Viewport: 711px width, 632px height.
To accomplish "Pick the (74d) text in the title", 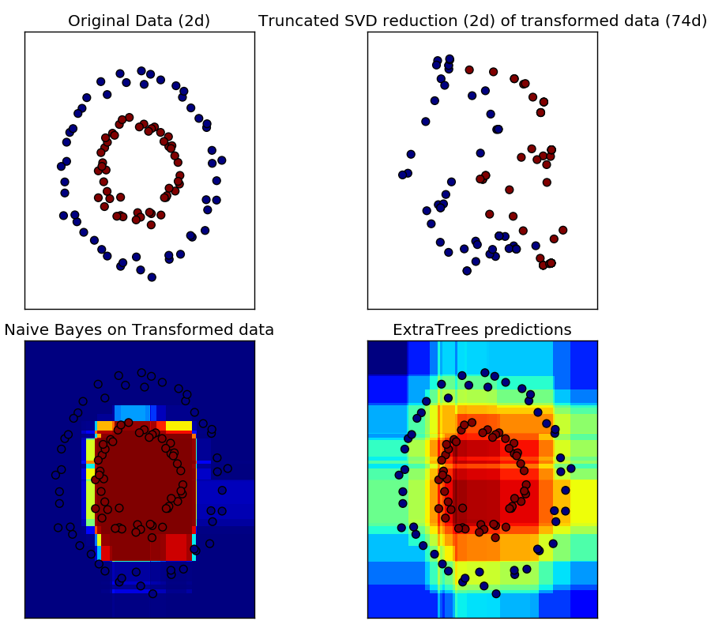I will coord(687,21).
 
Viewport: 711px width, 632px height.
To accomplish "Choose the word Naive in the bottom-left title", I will coord(25,330).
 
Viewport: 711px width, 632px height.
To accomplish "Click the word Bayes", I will coord(73,330).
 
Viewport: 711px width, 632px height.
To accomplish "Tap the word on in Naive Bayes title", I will coord(112,330).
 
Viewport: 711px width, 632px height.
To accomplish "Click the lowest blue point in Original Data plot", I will coord(152,276).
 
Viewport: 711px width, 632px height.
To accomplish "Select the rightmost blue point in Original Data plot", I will coord(221,160).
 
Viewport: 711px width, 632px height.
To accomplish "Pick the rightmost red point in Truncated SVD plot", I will coord(562,231).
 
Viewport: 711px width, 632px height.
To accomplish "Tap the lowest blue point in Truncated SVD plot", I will coord(467,271).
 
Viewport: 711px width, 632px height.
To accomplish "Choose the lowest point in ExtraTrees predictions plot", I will coord(496,593).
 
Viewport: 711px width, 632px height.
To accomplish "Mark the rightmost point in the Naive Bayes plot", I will coord(222,490).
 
